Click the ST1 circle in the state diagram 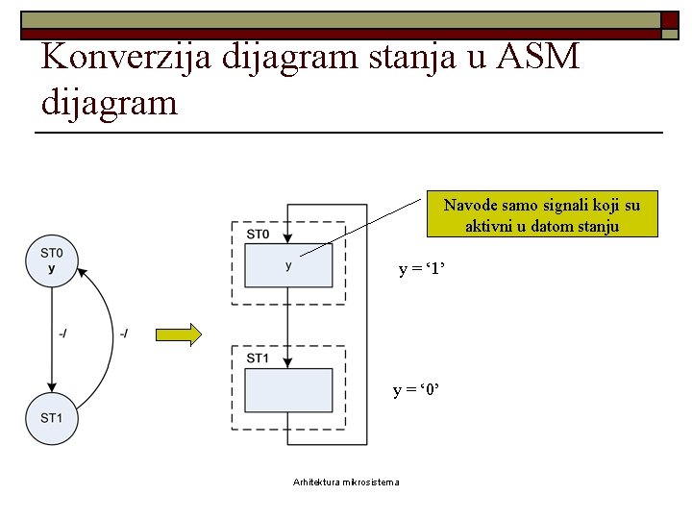click(x=51, y=418)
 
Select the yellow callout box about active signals click(x=541, y=214)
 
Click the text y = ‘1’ click(x=419, y=270)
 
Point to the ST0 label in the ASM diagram click(x=259, y=235)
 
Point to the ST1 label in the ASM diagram click(x=259, y=358)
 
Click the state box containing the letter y click(x=288, y=265)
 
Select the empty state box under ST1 click(x=288, y=389)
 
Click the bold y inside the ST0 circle click(x=51, y=270)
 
